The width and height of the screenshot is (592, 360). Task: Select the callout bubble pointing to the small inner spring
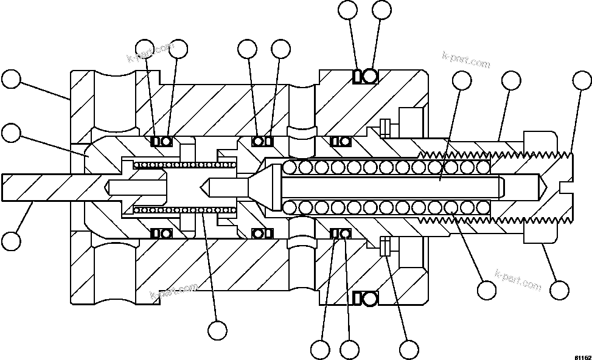point(217,330)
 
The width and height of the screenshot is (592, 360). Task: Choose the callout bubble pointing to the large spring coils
point(487,290)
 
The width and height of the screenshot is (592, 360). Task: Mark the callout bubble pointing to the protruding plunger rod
point(10,241)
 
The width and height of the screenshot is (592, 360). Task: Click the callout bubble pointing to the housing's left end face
point(10,80)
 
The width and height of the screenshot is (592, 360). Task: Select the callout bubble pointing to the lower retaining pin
point(409,349)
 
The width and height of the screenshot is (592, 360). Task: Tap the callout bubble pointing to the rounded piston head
point(10,132)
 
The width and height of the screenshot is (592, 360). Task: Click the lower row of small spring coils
point(183,210)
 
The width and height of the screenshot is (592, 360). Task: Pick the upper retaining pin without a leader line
point(384,126)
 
